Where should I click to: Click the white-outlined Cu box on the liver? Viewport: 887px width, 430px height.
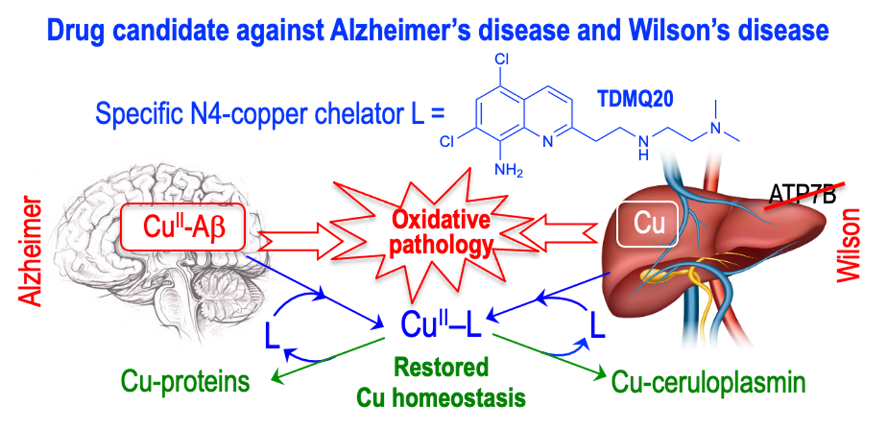648,224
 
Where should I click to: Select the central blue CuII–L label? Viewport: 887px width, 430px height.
440,324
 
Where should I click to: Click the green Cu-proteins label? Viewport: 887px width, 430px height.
185,382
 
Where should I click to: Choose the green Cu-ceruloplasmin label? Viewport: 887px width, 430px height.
708,383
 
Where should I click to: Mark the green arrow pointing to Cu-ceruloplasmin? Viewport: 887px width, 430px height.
548,355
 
